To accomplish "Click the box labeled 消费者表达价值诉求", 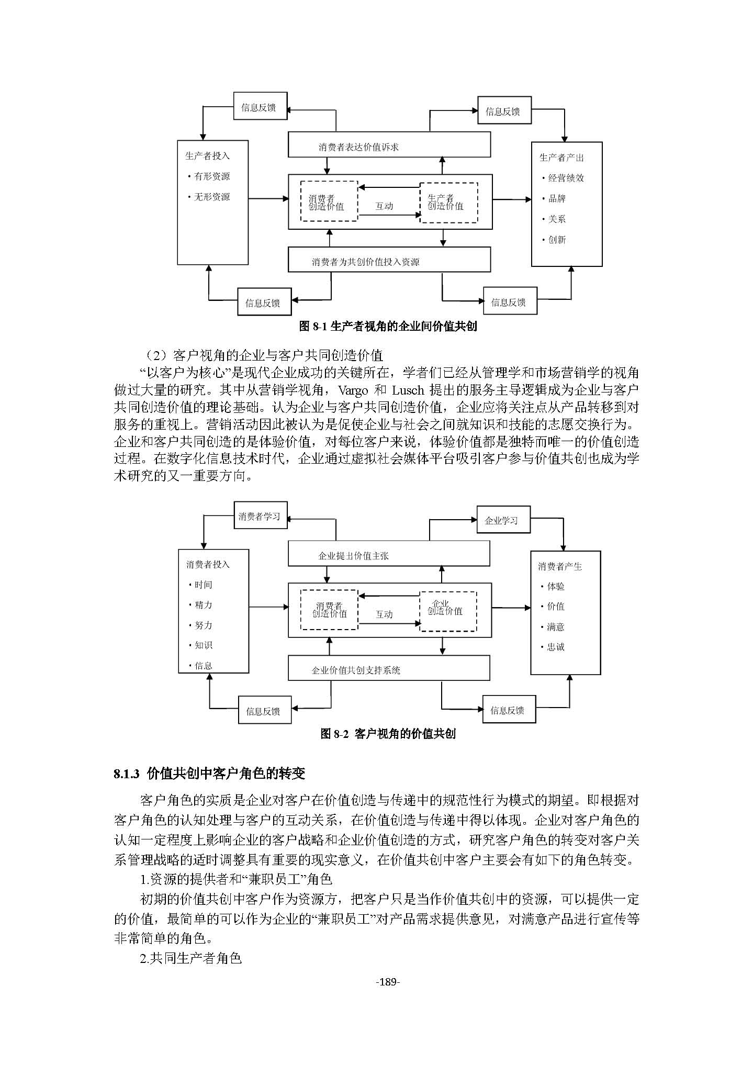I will (x=389, y=144).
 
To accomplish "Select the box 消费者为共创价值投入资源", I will (x=389, y=260).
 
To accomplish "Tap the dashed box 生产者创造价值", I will (x=449, y=203).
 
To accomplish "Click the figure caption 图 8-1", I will (x=388, y=327).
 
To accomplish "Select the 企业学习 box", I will (x=503, y=520).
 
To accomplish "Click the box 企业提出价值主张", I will (x=389, y=554).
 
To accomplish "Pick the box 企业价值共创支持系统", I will (x=389, y=668).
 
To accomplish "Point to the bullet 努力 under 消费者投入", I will (x=204, y=625).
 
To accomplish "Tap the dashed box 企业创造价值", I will (x=448, y=611).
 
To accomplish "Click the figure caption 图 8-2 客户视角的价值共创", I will (x=388, y=734).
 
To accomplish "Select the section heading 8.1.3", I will (x=209, y=773).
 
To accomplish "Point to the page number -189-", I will (x=388, y=982).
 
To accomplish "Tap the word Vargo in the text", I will (x=353, y=390).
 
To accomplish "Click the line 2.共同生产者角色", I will (x=191, y=959).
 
